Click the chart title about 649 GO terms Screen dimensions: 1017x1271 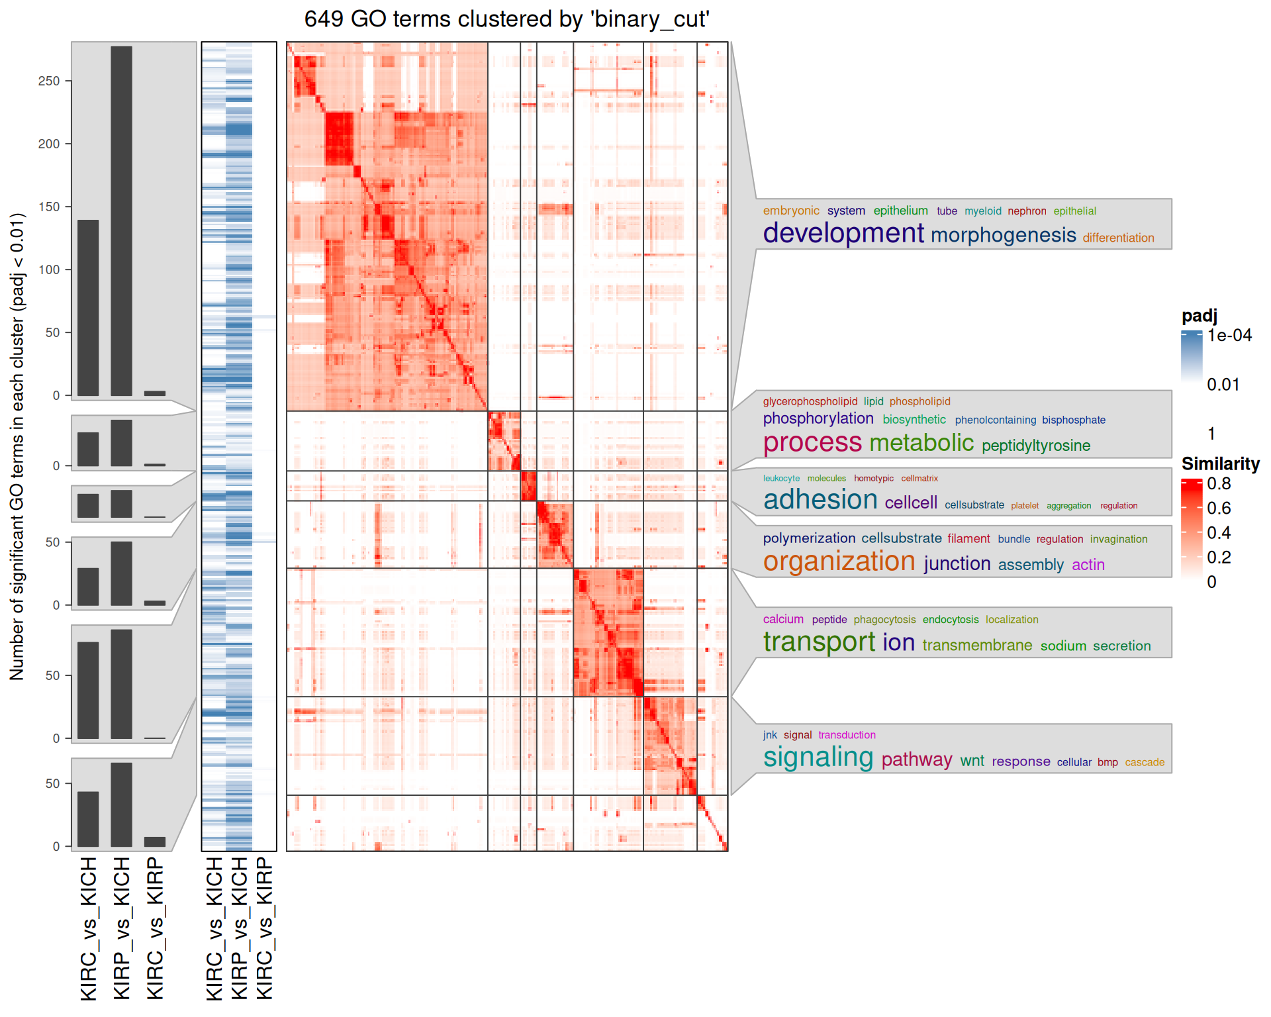point(506,19)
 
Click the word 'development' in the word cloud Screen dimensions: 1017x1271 point(843,233)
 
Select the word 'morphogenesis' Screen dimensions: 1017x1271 point(1003,235)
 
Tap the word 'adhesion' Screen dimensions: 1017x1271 point(820,500)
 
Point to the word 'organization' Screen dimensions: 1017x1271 point(839,561)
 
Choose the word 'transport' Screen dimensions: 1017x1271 point(819,642)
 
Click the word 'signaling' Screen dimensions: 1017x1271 point(818,757)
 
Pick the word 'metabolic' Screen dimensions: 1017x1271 point(921,442)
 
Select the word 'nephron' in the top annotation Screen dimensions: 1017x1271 point(1027,211)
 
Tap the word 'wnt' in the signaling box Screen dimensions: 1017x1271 point(972,761)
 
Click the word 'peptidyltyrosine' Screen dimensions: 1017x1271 point(1035,446)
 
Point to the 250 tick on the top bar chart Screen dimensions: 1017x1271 point(49,81)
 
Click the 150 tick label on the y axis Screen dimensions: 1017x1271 point(49,207)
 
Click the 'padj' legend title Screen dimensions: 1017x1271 point(1199,316)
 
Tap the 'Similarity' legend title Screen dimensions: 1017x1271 point(1220,464)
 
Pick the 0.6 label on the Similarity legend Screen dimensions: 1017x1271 point(1218,508)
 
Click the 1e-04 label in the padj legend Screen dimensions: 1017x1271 point(1229,336)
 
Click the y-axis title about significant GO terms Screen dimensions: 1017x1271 point(17,447)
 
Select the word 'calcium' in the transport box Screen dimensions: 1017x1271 point(782,620)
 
